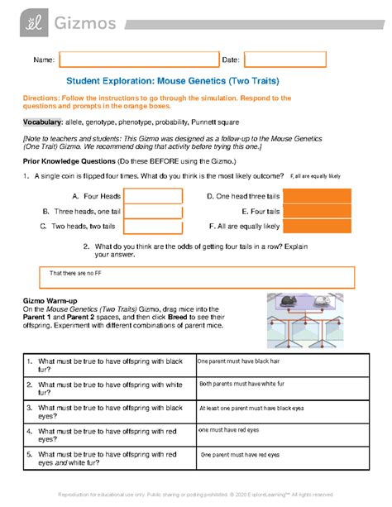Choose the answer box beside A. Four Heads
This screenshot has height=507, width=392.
[153, 196]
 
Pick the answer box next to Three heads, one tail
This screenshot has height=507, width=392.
[153, 211]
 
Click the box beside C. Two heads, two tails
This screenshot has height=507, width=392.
[153, 226]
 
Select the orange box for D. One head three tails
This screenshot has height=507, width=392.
[317, 196]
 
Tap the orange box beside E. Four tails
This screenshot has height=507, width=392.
[317, 211]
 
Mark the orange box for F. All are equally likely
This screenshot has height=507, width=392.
[317, 226]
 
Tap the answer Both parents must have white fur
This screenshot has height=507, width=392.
[242, 385]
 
